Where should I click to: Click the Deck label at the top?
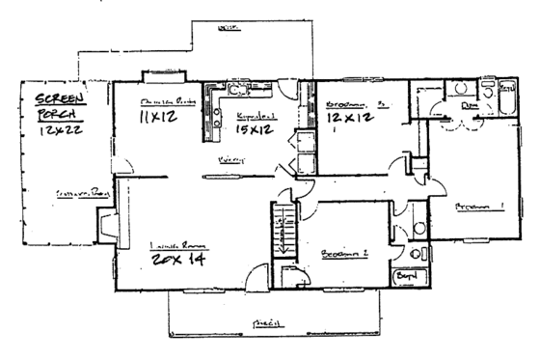point(229,30)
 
